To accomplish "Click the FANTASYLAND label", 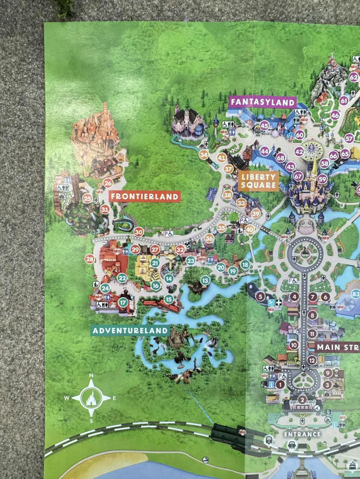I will click(263, 102).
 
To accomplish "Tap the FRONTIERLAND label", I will click(144, 197).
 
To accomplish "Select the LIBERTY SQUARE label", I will click(258, 181).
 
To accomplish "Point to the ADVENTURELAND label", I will click(130, 331).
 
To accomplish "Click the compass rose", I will click(91, 398).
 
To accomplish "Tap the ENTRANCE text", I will click(303, 434).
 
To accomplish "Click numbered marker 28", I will click(90, 259).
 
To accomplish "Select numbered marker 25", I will click(87, 198).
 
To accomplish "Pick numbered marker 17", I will click(123, 302).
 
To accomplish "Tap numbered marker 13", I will click(205, 280).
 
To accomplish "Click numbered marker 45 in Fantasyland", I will click(265, 125).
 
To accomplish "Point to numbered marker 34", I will click(204, 155).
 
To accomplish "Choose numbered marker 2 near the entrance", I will click(302, 399).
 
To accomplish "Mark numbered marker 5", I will click(260, 296).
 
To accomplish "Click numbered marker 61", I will click(344, 100).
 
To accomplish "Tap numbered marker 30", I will click(138, 232).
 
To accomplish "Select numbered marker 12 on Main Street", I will click(312, 359).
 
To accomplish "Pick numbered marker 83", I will click(356, 294).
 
